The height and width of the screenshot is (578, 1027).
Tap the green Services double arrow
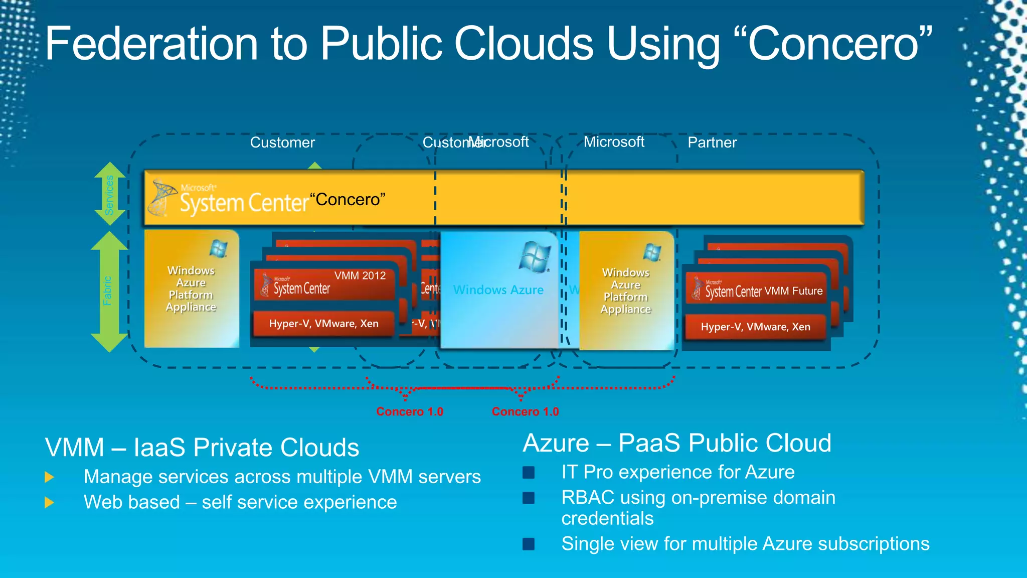[110, 194]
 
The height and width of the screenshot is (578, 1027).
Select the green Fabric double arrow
[109, 291]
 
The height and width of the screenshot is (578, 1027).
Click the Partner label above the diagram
[712, 142]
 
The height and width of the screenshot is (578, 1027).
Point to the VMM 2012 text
[360, 275]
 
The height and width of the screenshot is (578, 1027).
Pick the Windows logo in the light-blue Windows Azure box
[536, 256]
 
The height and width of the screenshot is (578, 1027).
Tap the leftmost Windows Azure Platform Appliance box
[191, 288]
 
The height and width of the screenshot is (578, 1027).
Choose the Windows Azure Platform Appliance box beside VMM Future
[626, 291]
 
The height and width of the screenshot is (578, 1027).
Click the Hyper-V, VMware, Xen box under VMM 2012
[323, 324]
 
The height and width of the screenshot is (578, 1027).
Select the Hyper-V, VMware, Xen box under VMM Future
[755, 327]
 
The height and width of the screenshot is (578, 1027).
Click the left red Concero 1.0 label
[410, 412]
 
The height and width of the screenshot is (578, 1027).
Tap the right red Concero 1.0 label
[525, 412]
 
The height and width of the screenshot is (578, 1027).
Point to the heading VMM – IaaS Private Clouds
[202, 448]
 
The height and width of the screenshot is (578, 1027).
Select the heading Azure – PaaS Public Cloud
[677, 443]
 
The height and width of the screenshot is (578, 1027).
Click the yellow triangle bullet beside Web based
[49, 502]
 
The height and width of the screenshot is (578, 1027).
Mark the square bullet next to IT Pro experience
[529, 472]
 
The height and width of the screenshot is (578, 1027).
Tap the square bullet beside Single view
[529, 544]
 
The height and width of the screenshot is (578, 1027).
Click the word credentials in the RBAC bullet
[607, 518]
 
